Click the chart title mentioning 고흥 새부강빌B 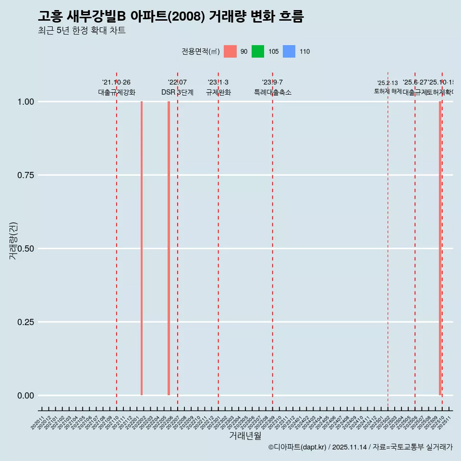[x=170, y=16]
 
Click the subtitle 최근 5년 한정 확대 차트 [x=82, y=31]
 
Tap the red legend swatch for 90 [x=230, y=51]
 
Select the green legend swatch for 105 [x=258, y=51]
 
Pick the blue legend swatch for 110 [x=289, y=51]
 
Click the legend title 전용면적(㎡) [x=200, y=51]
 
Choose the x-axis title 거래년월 [x=245, y=436]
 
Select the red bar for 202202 [x=142, y=248]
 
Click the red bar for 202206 [x=169, y=248]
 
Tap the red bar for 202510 [x=440, y=248]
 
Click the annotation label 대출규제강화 [x=117, y=92]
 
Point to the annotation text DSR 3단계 [x=177, y=92]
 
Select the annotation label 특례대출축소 [x=273, y=92]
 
